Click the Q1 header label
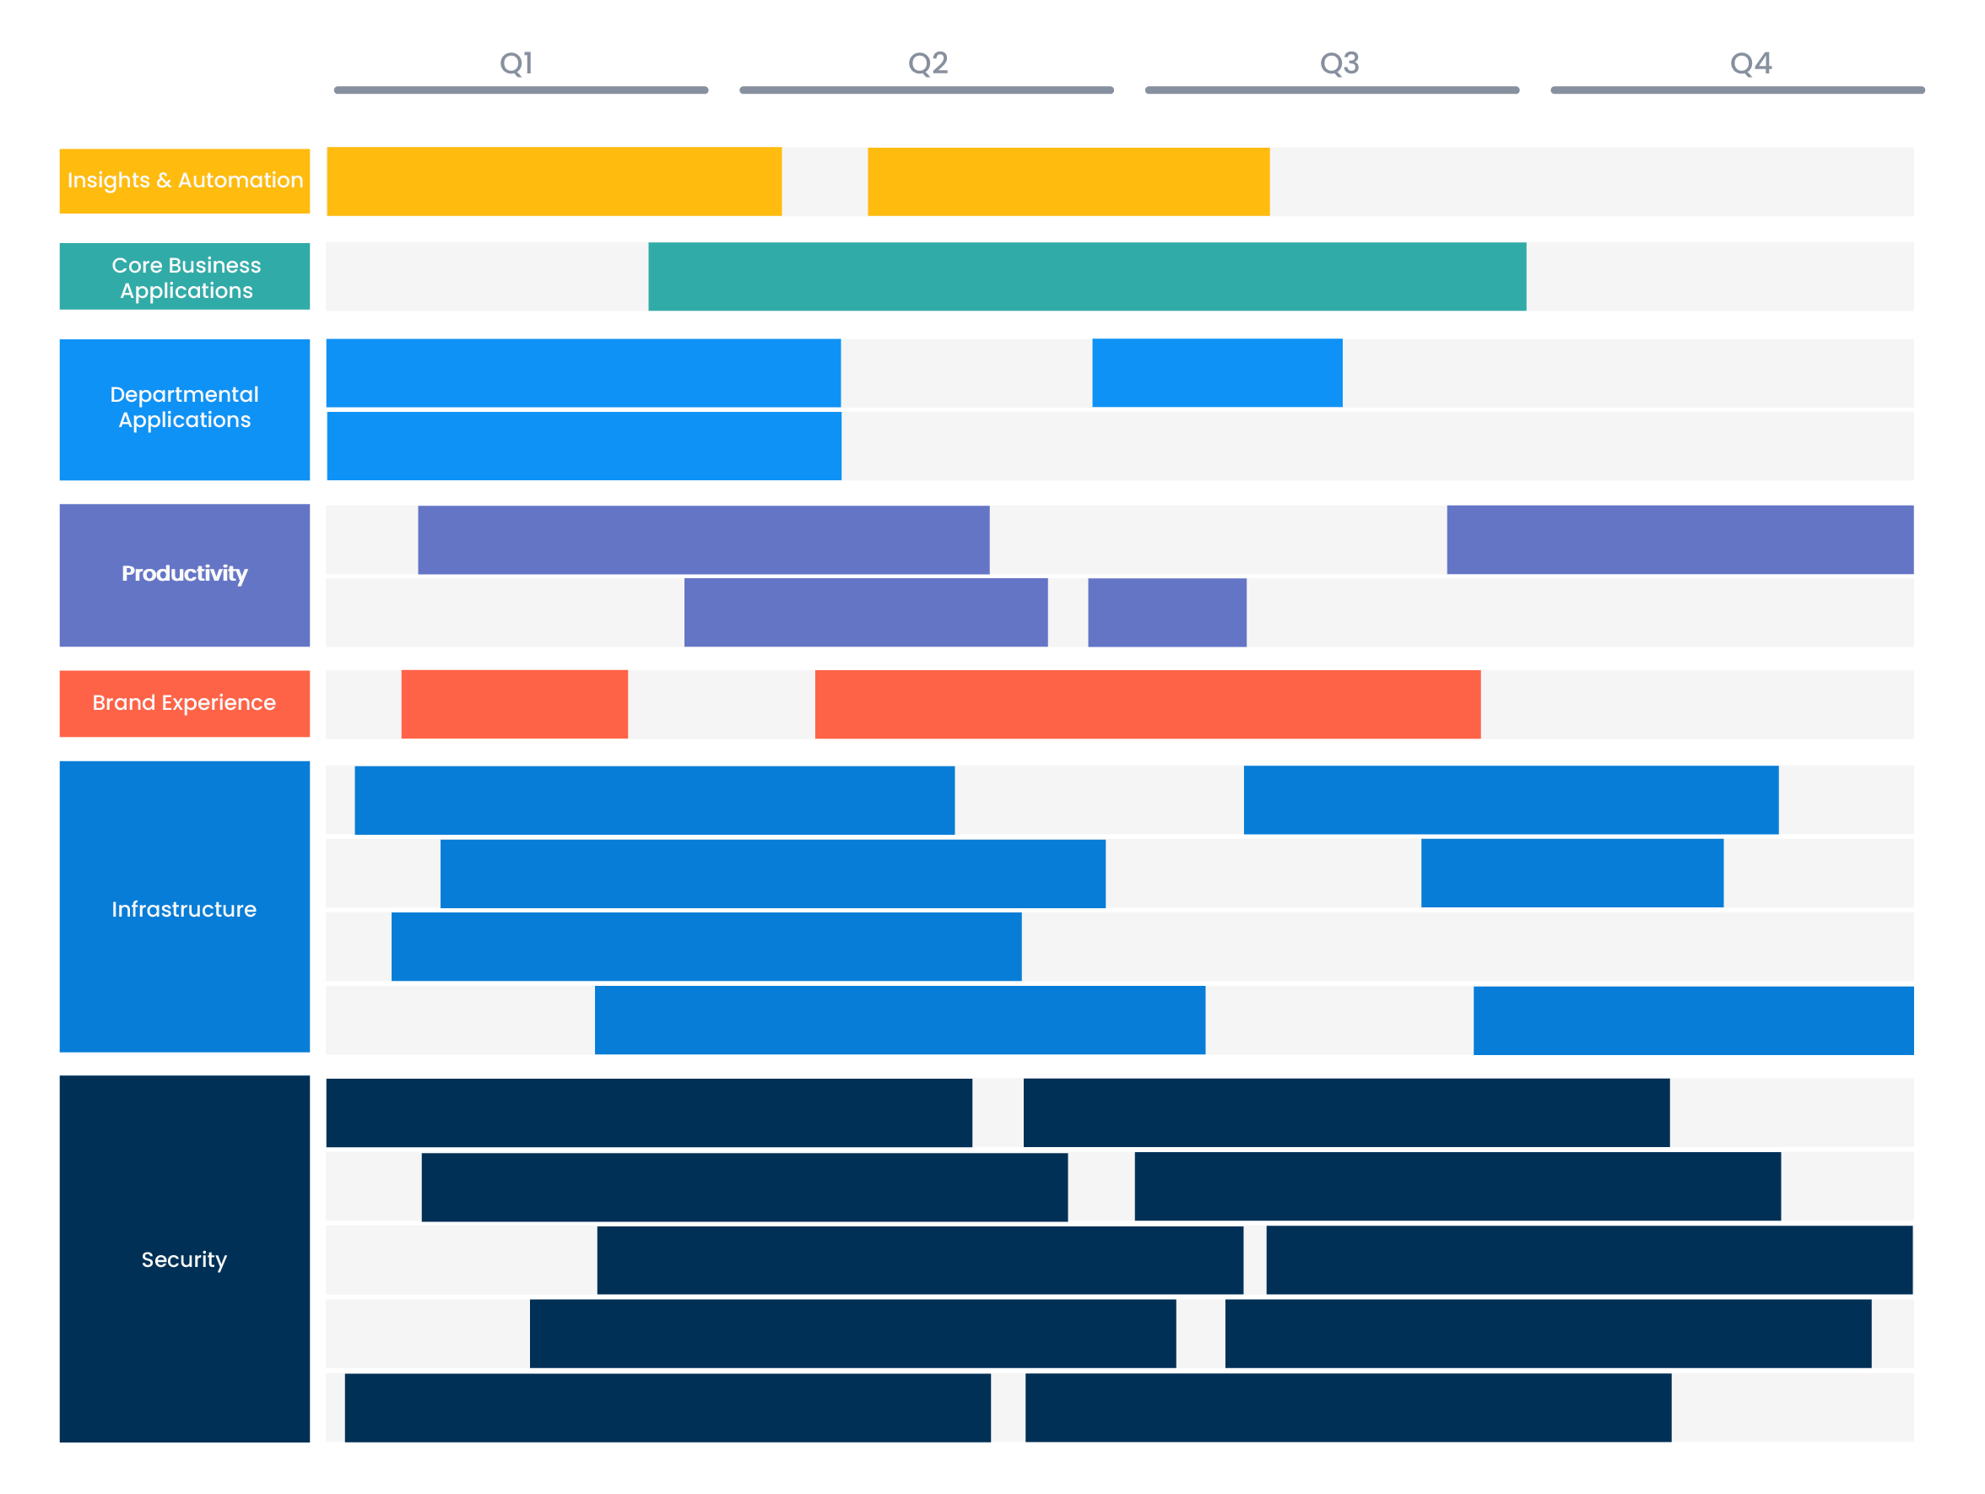click(516, 62)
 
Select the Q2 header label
click(928, 62)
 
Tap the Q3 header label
click(1339, 62)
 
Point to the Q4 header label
click(1750, 62)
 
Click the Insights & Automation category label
click(185, 181)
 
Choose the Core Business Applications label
click(185, 277)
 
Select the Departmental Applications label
click(185, 409)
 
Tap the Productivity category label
click(185, 574)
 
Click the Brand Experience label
click(185, 702)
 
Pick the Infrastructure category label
click(185, 908)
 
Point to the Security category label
click(185, 1259)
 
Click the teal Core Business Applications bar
click(1087, 276)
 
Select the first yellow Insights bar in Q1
click(554, 181)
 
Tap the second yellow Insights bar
click(1068, 181)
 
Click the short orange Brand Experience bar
click(514, 703)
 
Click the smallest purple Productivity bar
click(1166, 612)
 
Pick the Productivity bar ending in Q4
click(1679, 539)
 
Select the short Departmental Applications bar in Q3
click(1217, 372)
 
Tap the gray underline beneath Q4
click(1738, 90)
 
